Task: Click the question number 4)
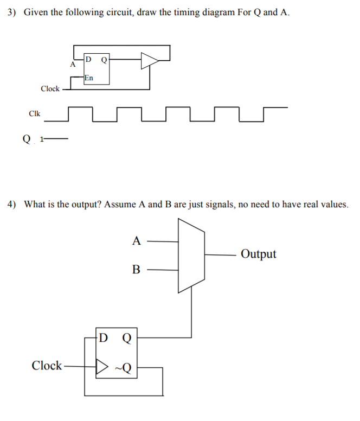[13, 205]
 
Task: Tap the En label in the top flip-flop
[89, 78]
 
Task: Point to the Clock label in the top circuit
[50, 88]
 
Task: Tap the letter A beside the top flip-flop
[73, 65]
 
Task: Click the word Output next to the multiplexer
[259, 254]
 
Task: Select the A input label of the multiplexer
[137, 240]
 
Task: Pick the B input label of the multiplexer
[137, 269]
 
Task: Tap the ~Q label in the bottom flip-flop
[123, 368]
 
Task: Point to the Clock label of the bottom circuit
[47, 366]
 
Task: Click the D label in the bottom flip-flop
[104, 338]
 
